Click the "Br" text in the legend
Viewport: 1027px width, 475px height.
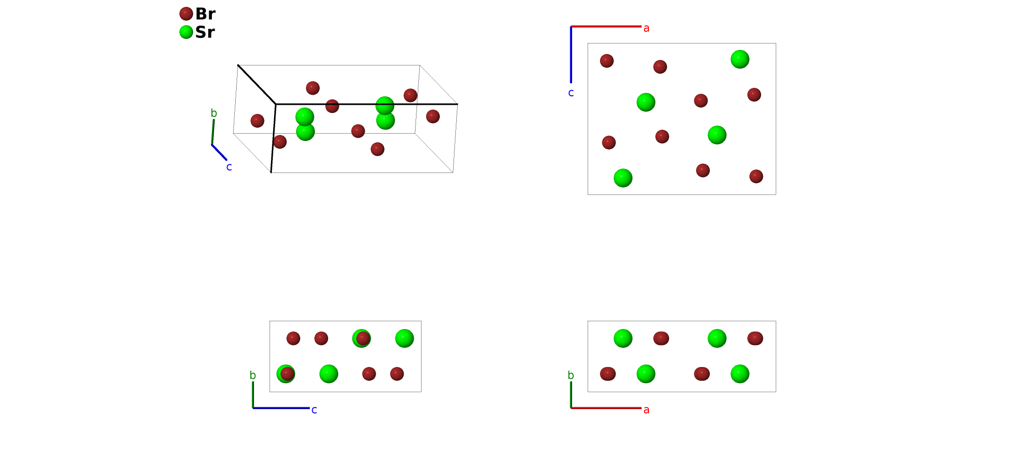(x=205, y=14)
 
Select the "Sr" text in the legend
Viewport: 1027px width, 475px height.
(x=205, y=32)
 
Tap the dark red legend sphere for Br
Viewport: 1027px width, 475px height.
(x=186, y=14)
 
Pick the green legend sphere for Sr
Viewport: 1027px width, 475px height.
(x=186, y=32)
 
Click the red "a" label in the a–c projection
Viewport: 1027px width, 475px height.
(x=646, y=28)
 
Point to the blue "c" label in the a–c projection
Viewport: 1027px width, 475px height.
(x=571, y=93)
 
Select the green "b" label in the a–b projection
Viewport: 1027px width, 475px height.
(x=571, y=375)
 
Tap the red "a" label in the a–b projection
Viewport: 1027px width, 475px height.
(x=646, y=410)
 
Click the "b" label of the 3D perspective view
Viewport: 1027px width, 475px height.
(x=214, y=113)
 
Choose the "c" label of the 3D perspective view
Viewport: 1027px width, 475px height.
(x=229, y=167)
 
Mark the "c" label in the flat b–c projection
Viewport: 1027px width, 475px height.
(x=314, y=410)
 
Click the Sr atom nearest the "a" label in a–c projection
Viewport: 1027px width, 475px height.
(x=740, y=59)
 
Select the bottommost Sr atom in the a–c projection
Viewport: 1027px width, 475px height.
(x=623, y=178)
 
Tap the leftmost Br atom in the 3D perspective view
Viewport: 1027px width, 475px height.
(x=257, y=121)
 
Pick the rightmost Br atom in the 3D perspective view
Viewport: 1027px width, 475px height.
(x=433, y=116)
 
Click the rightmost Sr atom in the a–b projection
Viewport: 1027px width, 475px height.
(x=740, y=374)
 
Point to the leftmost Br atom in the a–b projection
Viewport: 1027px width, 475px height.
(x=608, y=374)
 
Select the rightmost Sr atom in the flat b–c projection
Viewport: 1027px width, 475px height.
(x=404, y=339)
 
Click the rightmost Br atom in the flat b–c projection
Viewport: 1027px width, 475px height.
(x=397, y=374)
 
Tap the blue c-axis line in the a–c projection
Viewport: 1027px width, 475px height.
(x=571, y=55)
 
